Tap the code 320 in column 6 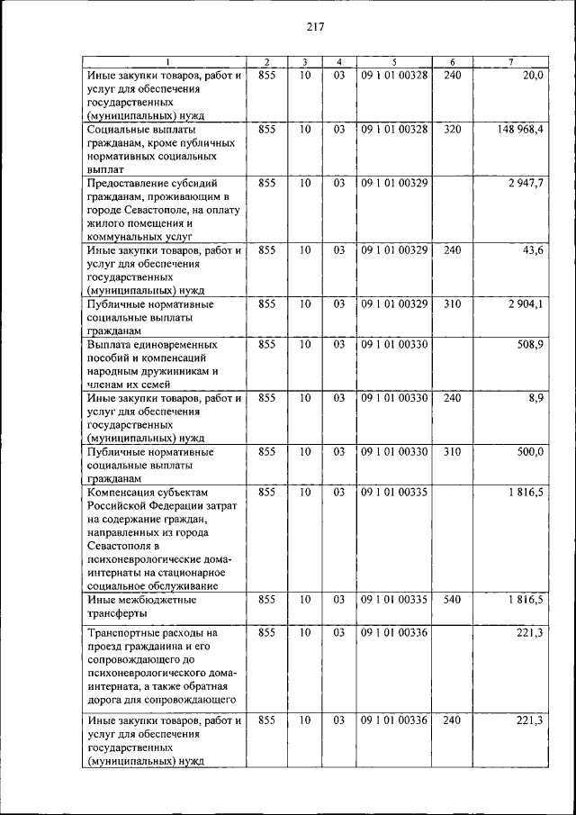tap(453, 130)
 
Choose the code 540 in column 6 tap(453, 599)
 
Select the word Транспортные tap(126, 633)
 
